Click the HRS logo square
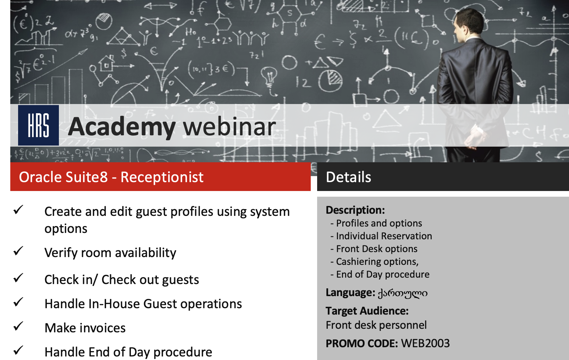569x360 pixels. [x=38, y=125]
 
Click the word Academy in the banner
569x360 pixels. [x=122, y=127]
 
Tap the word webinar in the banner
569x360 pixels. [x=230, y=126]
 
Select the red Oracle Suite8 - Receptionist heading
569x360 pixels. [x=161, y=177]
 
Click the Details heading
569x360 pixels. [x=348, y=177]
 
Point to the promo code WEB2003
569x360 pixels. [x=425, y=343]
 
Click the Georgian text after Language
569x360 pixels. [x=403, y=293]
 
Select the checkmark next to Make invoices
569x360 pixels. [x=18, y=326]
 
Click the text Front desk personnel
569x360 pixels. [x=376, y=325]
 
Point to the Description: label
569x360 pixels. [x=355, y=210]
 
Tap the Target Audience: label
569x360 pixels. [x=367, y=311]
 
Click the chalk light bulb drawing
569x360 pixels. [x=269, y=76]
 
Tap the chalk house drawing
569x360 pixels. [x=107, y=63]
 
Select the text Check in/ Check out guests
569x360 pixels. [x=122, y=280]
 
